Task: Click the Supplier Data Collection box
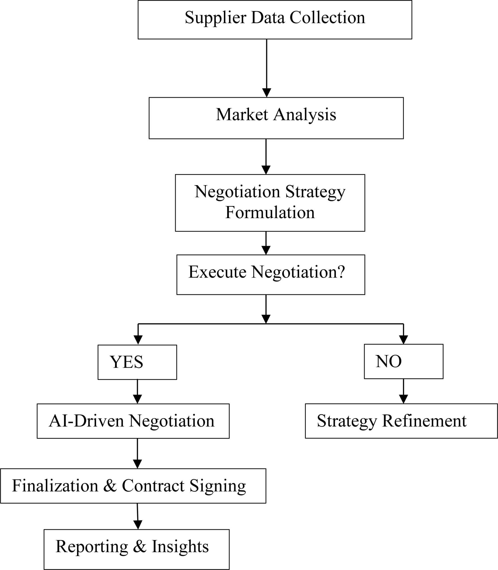[275, 19]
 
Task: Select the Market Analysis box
[276, 118]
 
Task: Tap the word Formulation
[270, 213]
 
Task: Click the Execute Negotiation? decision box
[270, 275]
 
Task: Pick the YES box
[137, 362]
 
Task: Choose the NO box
[404, 361]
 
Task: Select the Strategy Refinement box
[401, 421]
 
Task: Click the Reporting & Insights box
[136, 549]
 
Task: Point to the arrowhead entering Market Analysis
[266, 93]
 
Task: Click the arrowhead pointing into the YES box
[138, 340]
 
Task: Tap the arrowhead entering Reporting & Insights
[138, 524]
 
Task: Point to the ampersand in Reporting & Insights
[140, 546]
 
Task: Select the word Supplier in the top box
[215, 18]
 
